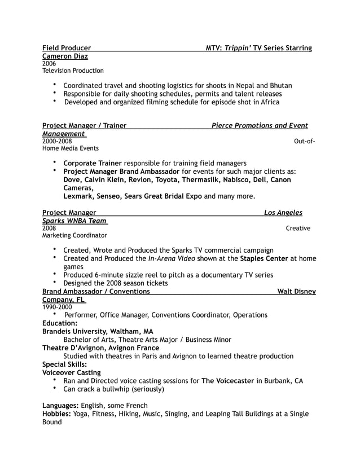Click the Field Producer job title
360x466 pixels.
67,48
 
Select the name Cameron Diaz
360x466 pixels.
65,56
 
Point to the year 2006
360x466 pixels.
49,64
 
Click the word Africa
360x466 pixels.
267,102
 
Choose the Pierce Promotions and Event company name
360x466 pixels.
260,125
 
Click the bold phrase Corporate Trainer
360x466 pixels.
93,162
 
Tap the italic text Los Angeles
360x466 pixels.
283,213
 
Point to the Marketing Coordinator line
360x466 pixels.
74,235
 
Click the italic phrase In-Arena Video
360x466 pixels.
171,258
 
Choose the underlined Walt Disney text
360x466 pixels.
297,291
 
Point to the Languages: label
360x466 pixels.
61,405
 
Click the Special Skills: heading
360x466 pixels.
65,364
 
